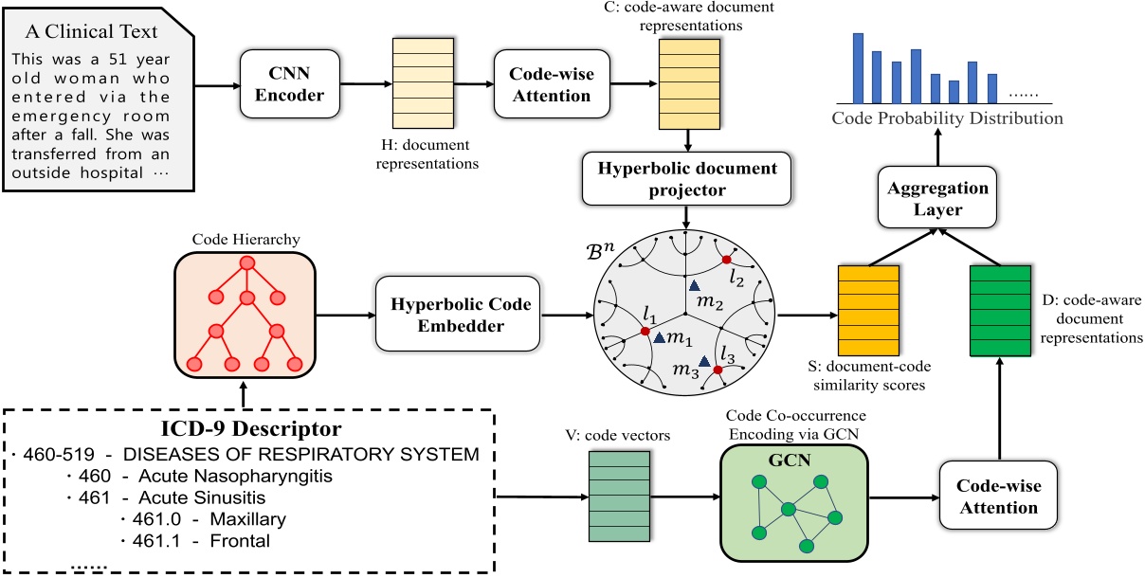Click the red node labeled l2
coord(726,260)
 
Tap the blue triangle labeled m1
coord(659,337)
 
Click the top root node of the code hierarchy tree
coord(247,263)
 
